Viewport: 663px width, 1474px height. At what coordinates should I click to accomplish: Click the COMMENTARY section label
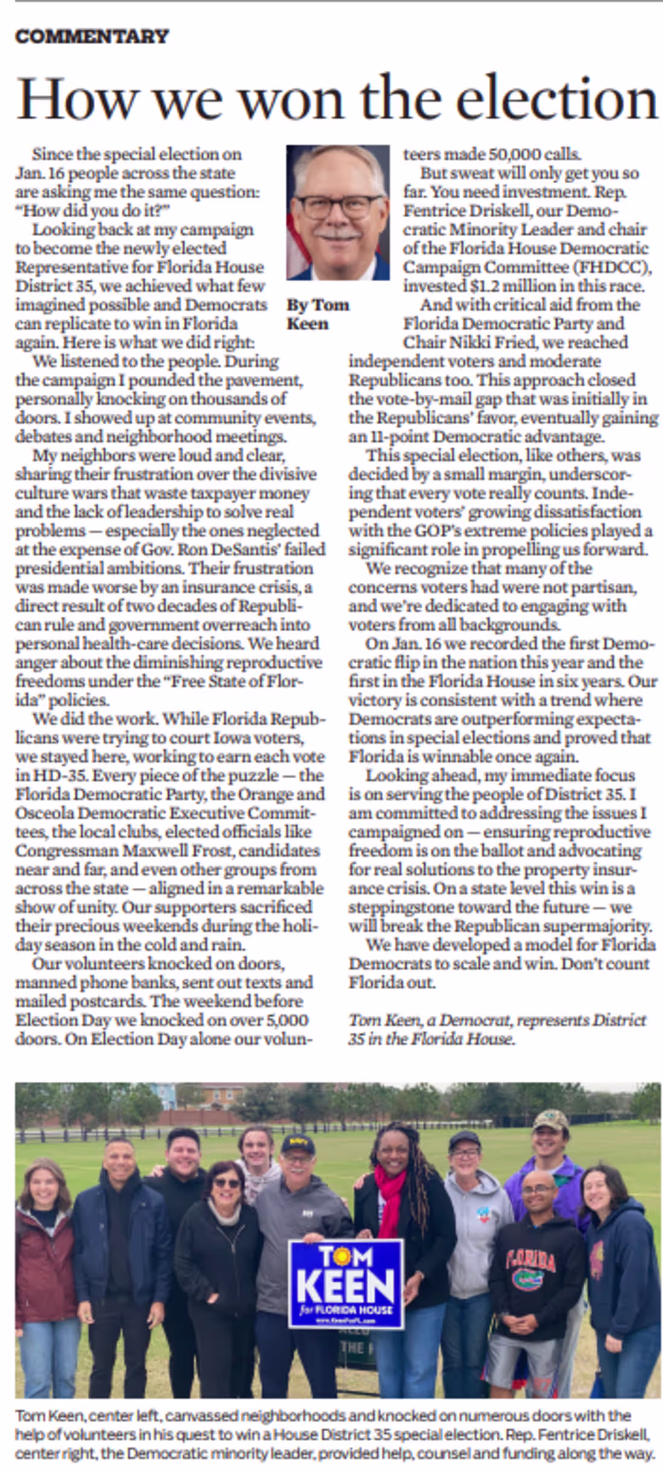click(x=92, y=36)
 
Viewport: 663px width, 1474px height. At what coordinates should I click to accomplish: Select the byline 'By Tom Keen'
click(x=317, y=314)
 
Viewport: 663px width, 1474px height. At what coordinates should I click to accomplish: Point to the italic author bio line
click(x=497, y=1029)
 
